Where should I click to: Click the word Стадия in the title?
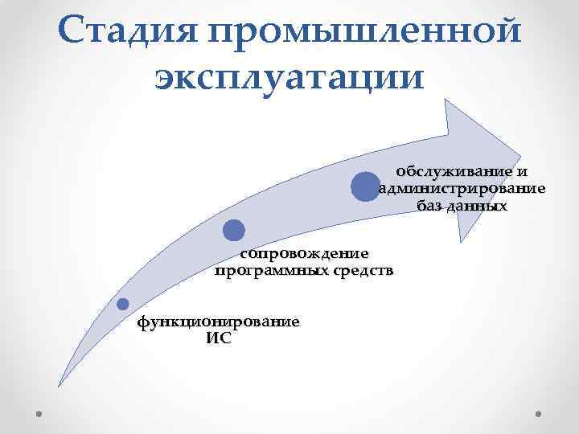(x=128, y=31)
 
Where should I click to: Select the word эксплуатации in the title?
(x=289, y=80)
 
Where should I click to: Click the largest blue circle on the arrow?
(x=365, y=186)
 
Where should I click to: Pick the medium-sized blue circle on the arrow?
(x=233, y=231)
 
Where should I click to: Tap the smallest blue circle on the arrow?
(x=122, y=304)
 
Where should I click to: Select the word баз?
(x=431, y=207)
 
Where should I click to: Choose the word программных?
(x=271, y=271)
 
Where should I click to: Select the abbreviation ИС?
(x=218, y=338)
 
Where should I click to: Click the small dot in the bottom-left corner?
(x=39, y=412)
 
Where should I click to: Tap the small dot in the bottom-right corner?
(x=538, y=412)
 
